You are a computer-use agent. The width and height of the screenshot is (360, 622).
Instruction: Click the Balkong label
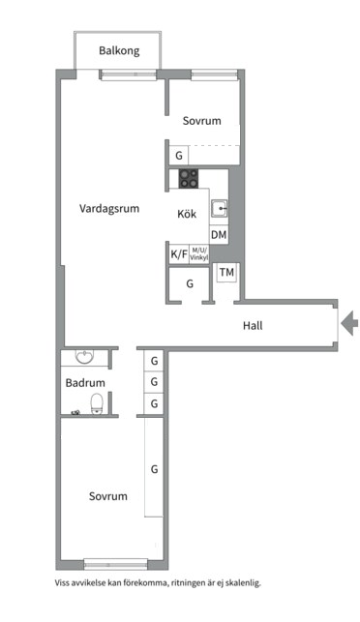point(119,49)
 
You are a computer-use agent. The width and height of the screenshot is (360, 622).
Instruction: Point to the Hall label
point(253,325)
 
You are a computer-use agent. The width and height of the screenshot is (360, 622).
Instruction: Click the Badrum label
point(84,383)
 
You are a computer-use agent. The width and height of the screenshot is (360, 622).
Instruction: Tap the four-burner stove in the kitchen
point(189,178)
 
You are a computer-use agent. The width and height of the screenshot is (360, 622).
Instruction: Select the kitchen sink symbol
point(220,208)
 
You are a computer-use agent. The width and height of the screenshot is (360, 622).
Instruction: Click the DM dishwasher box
point(219,235)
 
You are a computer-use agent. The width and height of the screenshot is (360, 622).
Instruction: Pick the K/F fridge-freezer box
point(179,255)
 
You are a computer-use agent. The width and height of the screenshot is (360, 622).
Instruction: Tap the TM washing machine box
point(226,273)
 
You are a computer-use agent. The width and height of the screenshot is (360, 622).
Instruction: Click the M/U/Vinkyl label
point(199,255)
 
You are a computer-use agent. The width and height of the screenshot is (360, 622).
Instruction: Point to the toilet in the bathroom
point(97,401)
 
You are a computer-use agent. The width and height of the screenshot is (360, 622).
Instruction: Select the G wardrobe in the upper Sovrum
point(178,155)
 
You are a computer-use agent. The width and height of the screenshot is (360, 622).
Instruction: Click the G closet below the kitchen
point(190,284)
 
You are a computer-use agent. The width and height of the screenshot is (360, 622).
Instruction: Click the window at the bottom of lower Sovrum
point(116,563)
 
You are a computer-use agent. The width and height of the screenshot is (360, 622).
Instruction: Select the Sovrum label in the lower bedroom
point(108,496)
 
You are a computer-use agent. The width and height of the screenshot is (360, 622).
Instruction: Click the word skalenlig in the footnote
point(239,583)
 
